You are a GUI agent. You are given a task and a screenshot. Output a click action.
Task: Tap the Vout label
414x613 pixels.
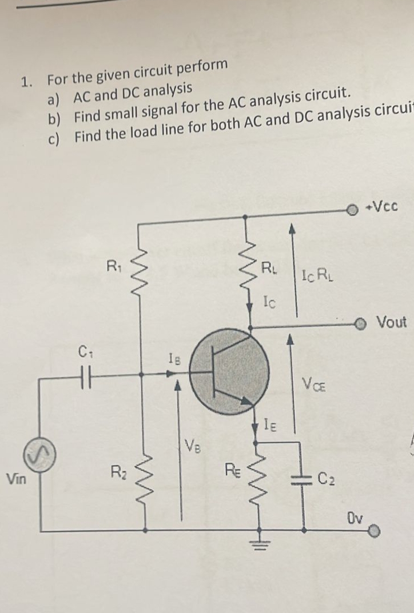[391, 322]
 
